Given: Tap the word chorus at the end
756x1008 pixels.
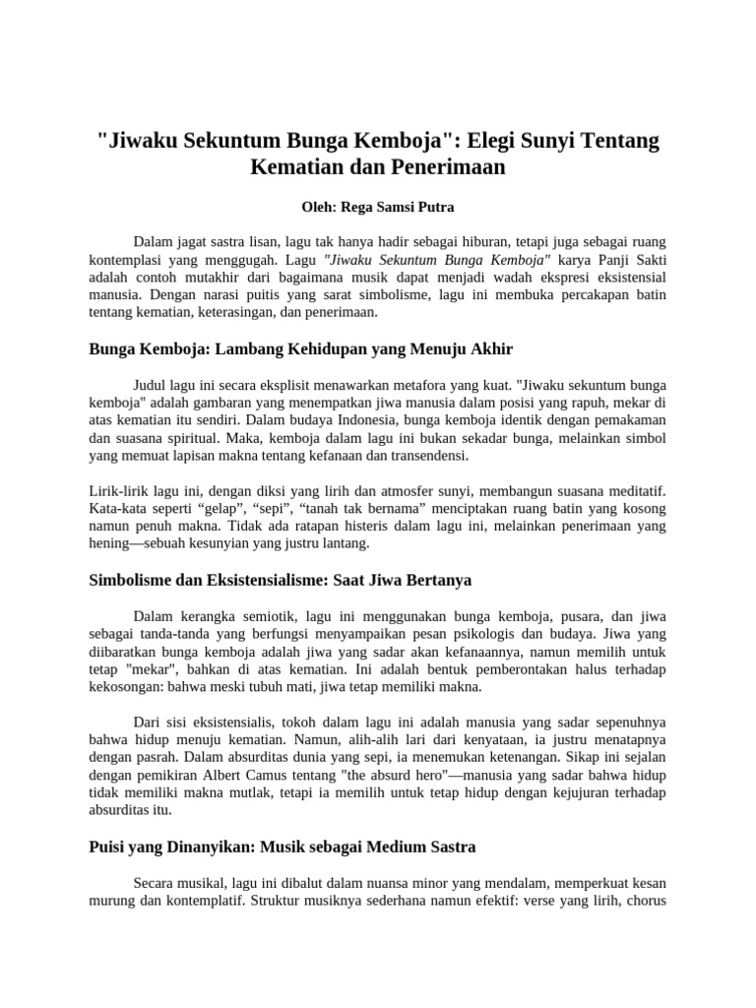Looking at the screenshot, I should coord(647,900).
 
